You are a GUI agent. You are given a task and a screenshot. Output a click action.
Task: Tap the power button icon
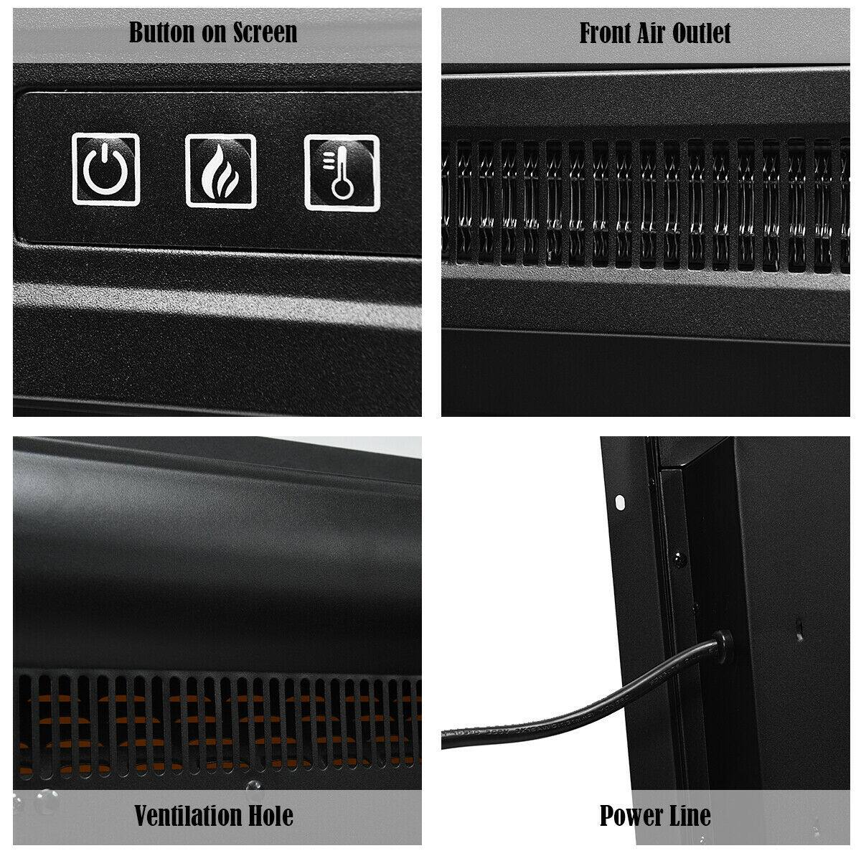click(106, 170)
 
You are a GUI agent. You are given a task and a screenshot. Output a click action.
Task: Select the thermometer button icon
click(342, 172)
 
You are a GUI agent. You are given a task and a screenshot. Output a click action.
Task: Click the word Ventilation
click(187, 816)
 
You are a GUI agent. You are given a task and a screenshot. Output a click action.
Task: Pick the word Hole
click(270, 816)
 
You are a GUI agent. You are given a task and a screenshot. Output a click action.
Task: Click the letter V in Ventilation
click(141, 816)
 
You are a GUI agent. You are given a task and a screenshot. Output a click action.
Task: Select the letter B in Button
click(135, 32)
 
